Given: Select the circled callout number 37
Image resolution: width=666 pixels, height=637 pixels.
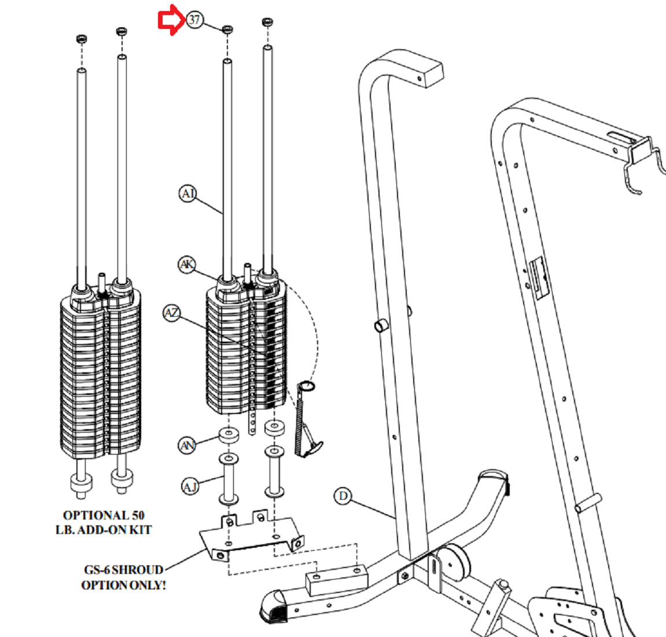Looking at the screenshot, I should point(194,20).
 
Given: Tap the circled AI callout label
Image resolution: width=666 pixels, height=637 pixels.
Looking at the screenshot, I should point(187,193).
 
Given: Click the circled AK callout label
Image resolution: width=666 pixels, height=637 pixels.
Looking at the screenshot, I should point(186,265).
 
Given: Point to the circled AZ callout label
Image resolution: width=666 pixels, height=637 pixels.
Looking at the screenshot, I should point(172,313).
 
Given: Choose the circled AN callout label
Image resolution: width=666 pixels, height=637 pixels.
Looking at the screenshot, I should point(187,445).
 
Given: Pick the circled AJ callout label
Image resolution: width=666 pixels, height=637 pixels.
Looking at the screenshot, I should point(190,486).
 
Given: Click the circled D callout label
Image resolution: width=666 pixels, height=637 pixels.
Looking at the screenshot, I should point(343,496).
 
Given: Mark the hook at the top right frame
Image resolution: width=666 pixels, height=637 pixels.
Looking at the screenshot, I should point(636,171).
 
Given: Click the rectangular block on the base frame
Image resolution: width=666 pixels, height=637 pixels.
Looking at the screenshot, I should point(336,580).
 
